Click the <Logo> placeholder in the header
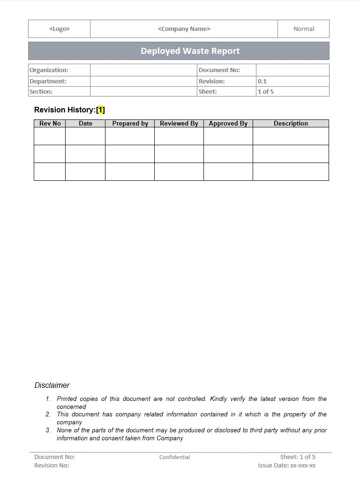[x=60, y=29]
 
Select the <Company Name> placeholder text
[x=184, y=29]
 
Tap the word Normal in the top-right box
[x=304, y=29]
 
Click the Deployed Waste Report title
[x=190, y=51]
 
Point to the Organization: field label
[x=49, y=70]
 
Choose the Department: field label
[x=48, y=81]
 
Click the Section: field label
[x=41, y=92]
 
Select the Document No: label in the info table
[x=219, y=70]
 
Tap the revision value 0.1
[x=262, y=81]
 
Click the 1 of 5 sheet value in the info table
[x=266, y=92]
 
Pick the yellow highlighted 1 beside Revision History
[x=101, y=110]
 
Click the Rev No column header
[x=50, y=124]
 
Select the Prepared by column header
[x=130, y=124]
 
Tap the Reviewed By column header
[x=179, y=124]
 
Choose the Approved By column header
[x=228, y=124]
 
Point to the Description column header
[x=291, y=124]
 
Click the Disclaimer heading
[x=52, y=385]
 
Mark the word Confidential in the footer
[x=175, y=457]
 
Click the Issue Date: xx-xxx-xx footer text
[x=287, y=466]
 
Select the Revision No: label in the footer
[x=52, y=466]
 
